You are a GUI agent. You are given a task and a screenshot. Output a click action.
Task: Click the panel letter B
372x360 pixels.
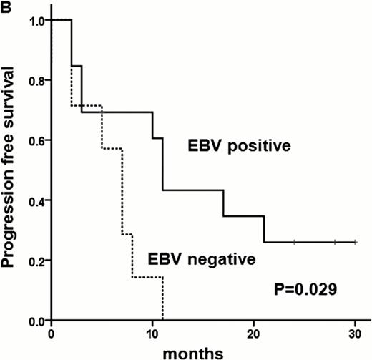pyautogui.click(x=6, y=6)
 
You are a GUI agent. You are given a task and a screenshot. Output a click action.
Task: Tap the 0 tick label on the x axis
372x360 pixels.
pyautogui.click(x=52, y=334)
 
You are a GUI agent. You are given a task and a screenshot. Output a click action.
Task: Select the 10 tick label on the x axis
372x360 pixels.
pyautogui.click(x=152, y=334)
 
